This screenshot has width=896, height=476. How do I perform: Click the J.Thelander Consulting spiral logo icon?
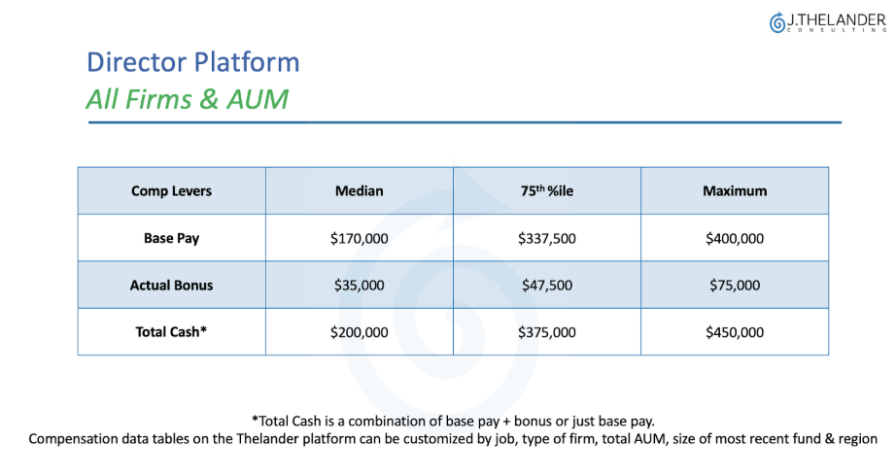coord(777,23)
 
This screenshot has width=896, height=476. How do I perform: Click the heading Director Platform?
coord(193,62)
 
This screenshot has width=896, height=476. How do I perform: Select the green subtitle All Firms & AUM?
coord(188,99)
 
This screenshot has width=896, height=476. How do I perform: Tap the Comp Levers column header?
coord(171,190)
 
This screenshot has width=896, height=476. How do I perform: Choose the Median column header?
coord(359,190)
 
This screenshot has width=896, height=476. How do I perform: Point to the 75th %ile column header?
coord(547,190)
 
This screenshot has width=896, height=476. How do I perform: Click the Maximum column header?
coord(735,190)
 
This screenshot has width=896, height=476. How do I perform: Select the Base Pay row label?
coord(171,238)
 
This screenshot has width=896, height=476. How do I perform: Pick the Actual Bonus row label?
coord(171,286)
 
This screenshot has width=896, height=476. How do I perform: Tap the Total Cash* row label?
coord(171,332)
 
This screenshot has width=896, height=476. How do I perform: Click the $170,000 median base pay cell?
coord(359,238)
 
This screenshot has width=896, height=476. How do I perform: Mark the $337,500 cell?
coord(547,238)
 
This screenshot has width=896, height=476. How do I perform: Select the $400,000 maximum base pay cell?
coord(735,238)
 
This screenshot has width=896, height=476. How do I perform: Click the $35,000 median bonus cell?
coord(359,286)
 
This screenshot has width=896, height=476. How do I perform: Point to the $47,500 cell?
coord(547,286)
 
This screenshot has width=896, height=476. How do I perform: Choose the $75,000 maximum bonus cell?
coord(735,286)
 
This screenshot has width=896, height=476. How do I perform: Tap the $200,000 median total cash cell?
coord(359,332)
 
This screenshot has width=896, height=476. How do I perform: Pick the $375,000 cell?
coord(547,332)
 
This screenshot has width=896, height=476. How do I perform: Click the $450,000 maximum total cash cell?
coord(735,332)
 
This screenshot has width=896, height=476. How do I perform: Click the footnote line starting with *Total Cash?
coord(453,422)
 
